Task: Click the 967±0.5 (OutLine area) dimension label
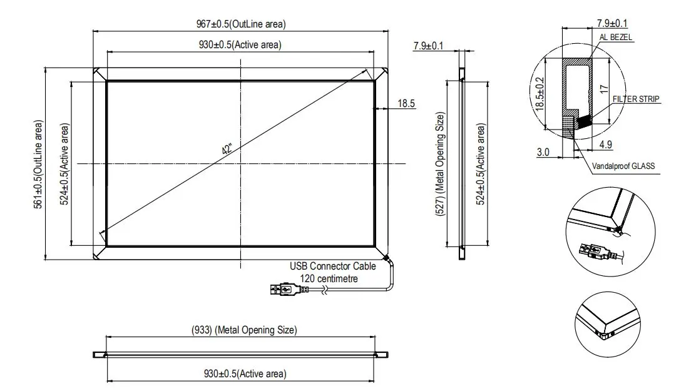point(240,24)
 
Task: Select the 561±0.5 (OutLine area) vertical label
point(39,164)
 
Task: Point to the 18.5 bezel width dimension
point(406,103)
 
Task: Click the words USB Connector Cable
point(332,266)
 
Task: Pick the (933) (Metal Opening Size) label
point(243,330)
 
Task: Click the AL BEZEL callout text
point(617,38)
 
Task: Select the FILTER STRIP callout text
point(636,99)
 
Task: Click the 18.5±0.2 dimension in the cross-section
point(540,94)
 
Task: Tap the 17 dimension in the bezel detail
point(603,89)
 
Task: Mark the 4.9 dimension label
point(606,145)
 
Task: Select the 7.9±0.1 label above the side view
point(428,46)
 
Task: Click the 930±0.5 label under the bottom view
point(245,373)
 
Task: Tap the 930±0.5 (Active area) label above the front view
point(240,44)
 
